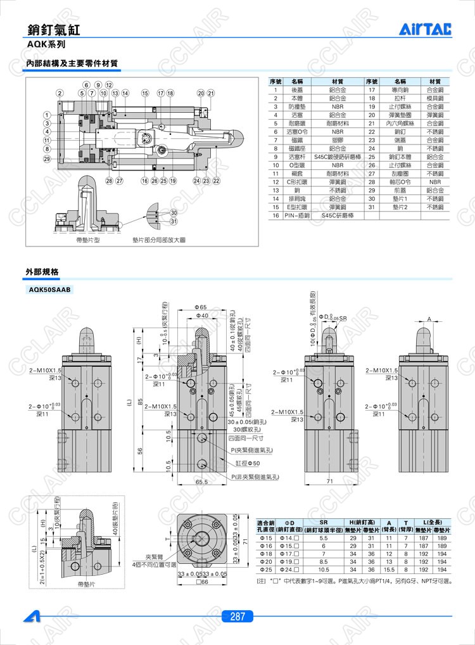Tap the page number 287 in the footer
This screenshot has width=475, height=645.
(x=237, y=616)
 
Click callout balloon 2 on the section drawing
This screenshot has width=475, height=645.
(x=59, y=93)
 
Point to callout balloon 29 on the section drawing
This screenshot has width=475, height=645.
(x=46, y=158)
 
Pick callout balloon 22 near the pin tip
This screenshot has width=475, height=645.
(x=216, y=181)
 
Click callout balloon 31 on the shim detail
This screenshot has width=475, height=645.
(x=174, y=220)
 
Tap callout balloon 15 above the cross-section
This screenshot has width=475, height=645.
(x=144, y=93)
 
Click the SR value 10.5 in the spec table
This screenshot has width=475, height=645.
(x=324, y=569)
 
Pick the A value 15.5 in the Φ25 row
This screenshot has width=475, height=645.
(x=389, y=569)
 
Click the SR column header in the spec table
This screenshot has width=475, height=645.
(x=324, y=520)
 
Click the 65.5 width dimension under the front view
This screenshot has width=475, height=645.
(x=202, y=482)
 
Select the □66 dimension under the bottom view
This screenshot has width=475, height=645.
(x=201, y=582)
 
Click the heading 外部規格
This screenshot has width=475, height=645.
(x=42, y=271)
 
